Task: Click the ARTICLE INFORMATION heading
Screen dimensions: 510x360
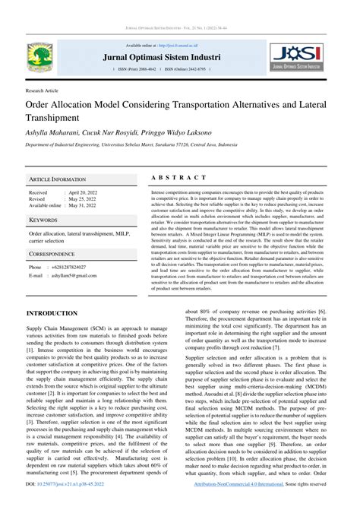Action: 58,179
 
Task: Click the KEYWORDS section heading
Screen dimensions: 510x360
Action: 44,220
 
